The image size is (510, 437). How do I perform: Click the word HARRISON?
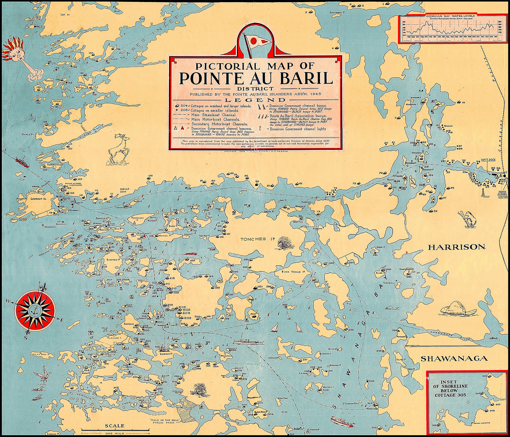point(456,247)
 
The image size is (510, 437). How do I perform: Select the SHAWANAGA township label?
point(453,359)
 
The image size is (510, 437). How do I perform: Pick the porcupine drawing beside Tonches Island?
point(285,242)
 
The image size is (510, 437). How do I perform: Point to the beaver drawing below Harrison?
point(458,309)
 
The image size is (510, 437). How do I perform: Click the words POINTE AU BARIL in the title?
point(255,79)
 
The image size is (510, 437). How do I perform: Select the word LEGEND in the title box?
point(255,99)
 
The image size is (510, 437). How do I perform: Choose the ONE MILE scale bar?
point(115,431)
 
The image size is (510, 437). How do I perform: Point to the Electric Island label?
point(114,259)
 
